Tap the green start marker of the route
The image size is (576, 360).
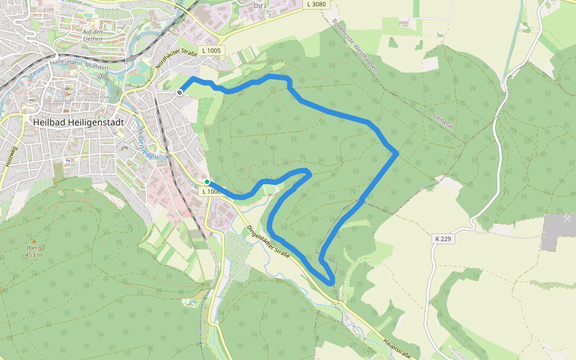207,182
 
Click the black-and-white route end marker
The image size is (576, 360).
180,92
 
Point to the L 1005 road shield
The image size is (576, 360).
212,51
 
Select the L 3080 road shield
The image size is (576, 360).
316,4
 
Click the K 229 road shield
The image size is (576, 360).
443,239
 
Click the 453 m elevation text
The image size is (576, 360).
34,255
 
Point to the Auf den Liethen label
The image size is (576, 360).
98,35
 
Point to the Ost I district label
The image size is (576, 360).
259,5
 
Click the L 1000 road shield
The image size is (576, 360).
211,191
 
